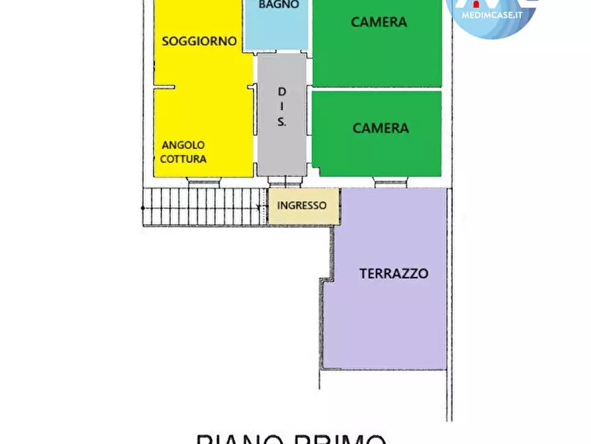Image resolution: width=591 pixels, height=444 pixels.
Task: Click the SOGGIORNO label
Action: click(x=199, y=41)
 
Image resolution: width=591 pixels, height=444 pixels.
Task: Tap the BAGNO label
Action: click(x=279, y=5)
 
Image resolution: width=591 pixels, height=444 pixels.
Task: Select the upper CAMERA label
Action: click(x=379, y=22)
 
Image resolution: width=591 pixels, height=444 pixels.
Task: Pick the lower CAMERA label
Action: click(x=381, y=128)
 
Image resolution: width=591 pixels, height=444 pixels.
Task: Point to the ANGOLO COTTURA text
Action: click(x=183, y=152)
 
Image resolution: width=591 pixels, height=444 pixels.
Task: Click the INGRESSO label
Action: click(x=302, y=205)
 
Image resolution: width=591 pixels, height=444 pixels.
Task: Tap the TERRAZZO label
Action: click(x=394, y=273)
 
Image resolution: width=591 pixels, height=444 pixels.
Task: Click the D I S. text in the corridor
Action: click(x=282, y=106)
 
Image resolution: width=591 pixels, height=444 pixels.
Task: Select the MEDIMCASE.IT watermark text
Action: click(x=491, y=16)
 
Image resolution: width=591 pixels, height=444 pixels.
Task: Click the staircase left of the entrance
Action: click(x=205, y=206)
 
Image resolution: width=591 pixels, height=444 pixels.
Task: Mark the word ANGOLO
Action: click(x=183, y=145)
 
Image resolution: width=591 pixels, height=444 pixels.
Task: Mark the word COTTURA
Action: click(x=183, y=159)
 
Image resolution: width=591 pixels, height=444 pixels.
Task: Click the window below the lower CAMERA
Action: click(x=390, y=182)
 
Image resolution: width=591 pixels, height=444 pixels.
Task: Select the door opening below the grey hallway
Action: click(x=285, y=181)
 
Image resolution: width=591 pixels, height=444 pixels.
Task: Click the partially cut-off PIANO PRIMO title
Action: click(x=291, y=438)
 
